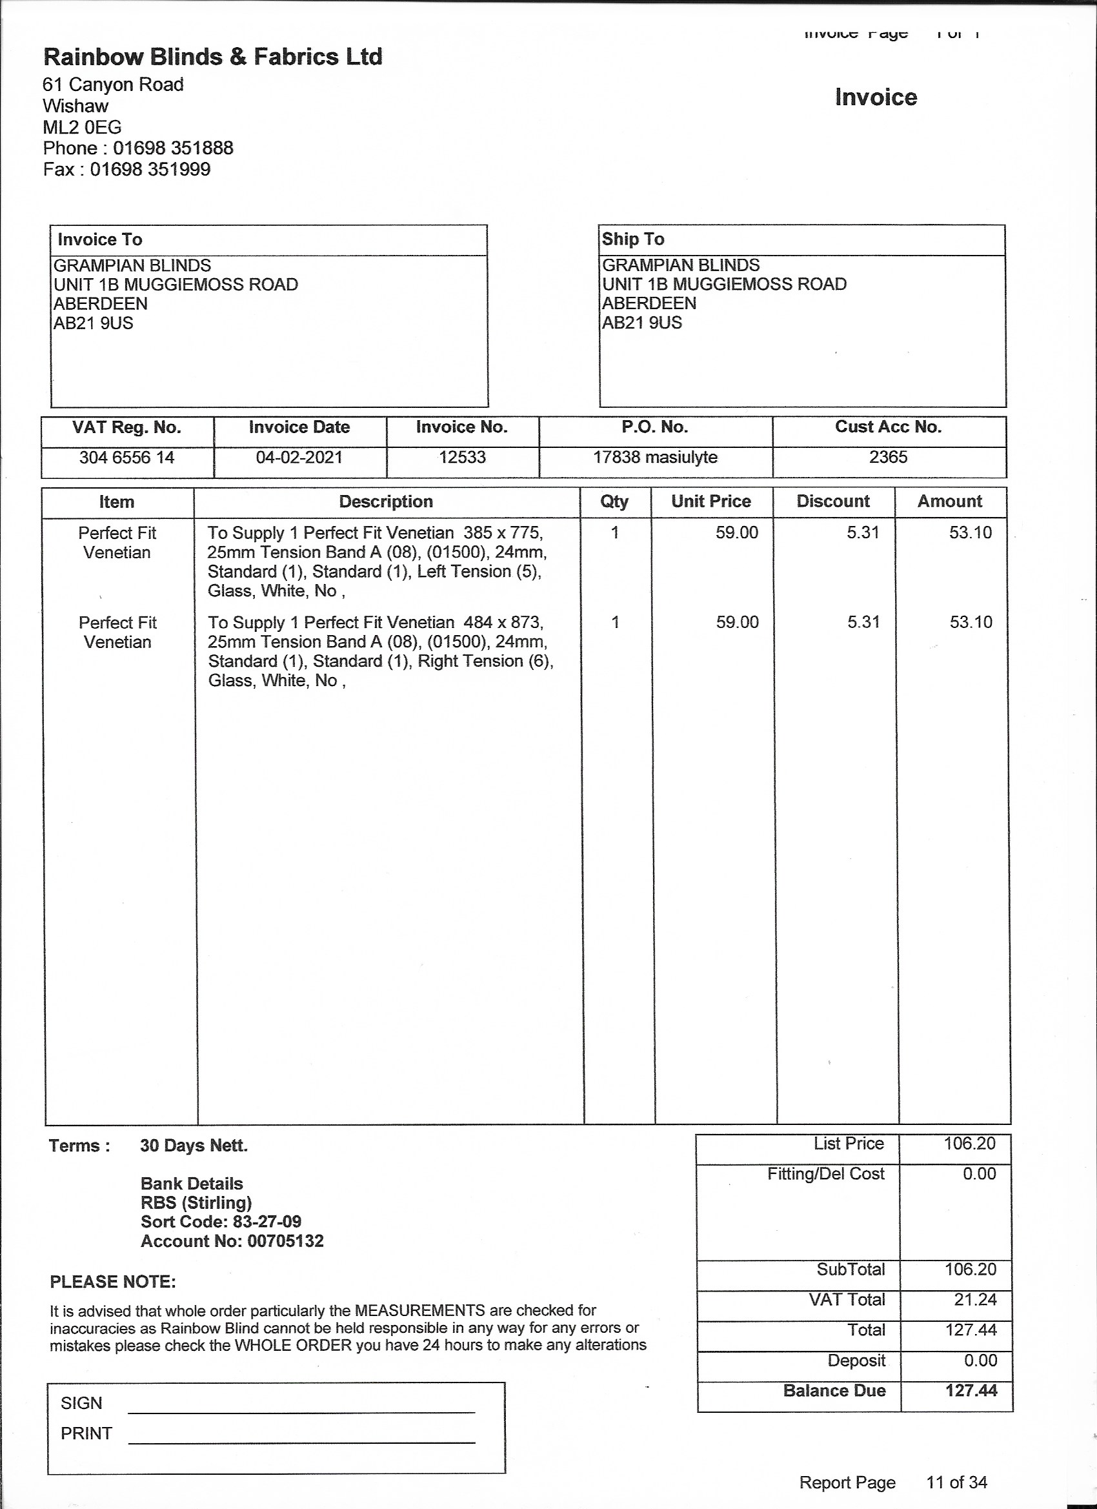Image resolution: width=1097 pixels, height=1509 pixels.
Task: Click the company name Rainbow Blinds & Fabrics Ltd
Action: [x=213, y=57]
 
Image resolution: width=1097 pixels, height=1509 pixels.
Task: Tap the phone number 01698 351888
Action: [x=173, y=148]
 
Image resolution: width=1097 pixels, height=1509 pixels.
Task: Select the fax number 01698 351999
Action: [x=150, y=169]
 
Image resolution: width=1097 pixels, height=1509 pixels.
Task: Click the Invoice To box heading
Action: [x=100, y=239]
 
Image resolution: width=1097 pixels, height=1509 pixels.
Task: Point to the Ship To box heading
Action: [x=632, y=239]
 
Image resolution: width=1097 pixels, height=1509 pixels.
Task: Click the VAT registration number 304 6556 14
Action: [x=126, y=458]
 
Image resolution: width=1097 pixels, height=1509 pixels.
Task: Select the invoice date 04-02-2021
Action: [x=299, y=458]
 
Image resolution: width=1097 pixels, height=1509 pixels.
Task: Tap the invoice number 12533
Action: [x=462, y=458]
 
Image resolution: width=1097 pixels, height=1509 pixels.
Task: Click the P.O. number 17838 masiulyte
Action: [x=655, y=458]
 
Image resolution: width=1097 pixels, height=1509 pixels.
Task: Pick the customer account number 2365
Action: [x=888, y=457]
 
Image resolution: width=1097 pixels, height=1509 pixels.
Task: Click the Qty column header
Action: [x=614, y=501]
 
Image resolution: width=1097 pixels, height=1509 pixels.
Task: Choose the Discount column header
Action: [x=833, y=501]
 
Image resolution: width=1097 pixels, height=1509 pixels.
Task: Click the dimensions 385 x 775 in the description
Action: [x=503, y=533]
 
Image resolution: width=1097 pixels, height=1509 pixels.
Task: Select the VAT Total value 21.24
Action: [x=975, y=1299]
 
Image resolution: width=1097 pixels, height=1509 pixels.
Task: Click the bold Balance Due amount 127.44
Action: [x=971, y=1391]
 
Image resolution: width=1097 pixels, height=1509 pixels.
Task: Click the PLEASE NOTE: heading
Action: [x=113, y=1282]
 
